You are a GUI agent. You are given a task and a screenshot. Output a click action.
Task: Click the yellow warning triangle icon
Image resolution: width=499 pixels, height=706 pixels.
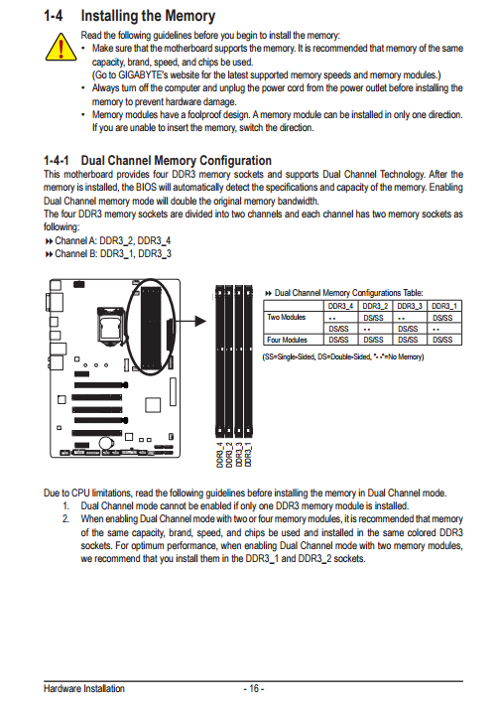61,48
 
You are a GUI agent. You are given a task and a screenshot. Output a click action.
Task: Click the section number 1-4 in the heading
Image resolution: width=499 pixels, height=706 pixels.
54,16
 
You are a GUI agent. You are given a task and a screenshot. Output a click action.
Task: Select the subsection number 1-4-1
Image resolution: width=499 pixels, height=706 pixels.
57,160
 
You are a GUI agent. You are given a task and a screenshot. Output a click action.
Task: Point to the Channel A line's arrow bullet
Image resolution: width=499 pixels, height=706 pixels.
49,241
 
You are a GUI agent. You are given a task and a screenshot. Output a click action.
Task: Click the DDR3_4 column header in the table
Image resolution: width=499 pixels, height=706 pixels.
340,306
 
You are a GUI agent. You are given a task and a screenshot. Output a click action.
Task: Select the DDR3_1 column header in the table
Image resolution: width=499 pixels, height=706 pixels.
444,306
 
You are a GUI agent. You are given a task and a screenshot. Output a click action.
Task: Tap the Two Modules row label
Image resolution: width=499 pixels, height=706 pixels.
286,317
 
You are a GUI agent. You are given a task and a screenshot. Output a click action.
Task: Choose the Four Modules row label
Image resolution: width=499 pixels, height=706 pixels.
287,340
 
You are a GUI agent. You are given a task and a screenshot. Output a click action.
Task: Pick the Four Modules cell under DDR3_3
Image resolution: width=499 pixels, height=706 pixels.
408,340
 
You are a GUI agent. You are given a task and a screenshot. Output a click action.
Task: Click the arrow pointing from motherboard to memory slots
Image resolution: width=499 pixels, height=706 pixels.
189,321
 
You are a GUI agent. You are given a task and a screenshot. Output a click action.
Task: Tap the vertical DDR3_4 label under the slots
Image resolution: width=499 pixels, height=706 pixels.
220,455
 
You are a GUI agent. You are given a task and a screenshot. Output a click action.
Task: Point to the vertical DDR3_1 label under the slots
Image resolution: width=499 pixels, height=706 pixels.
248,455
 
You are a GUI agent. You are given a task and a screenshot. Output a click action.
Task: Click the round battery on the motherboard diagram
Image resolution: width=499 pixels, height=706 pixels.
106,443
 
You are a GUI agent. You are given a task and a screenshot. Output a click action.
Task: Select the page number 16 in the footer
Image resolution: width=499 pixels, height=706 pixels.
254,688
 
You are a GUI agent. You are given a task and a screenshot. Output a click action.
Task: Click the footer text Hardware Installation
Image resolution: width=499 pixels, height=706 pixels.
84,688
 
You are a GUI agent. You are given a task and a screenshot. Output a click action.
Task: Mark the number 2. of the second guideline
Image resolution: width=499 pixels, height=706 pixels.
66,518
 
